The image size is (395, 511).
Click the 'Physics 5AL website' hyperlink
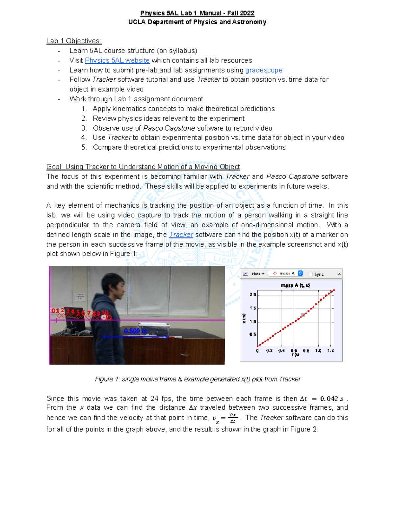(x=117, y=61)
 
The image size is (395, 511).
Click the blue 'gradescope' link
(x=264, y=70)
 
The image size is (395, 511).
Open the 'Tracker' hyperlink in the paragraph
(x=181, y=235)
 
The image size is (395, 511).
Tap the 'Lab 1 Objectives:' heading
(x=74, y=41)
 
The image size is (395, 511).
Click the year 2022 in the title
(x=247, y=13)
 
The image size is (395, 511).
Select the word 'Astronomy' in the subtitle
(x=249, y=22)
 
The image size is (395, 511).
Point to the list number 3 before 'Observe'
(x=84, y=128)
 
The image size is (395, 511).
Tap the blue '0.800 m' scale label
(x=135, y=331)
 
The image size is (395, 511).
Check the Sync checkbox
(x=310, y=274)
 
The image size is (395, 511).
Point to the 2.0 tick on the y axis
(x=252, y=294)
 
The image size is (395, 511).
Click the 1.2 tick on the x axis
(x=330, y=351)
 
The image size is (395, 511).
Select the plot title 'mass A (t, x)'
(x=295, y=285)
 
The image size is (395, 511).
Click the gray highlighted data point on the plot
(x=303, y=315)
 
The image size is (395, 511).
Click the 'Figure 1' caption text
(x=197, y=379)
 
